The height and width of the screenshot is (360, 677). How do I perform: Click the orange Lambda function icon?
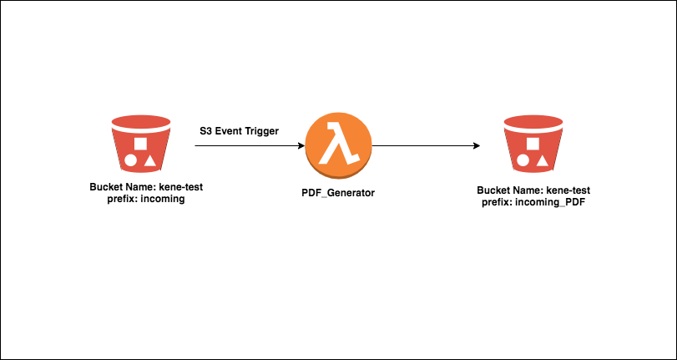tap(337, 147)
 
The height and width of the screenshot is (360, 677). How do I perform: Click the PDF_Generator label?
tap(338, 193)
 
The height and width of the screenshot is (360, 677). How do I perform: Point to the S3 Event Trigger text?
tap(239, 131)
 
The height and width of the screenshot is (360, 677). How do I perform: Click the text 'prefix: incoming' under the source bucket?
tap(141, 200)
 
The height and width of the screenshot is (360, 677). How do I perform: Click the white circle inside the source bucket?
tap(131, 159)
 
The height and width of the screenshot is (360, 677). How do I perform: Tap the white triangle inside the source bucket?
tap(149, 159)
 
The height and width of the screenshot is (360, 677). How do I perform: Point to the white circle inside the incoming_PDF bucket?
tap(523, 159)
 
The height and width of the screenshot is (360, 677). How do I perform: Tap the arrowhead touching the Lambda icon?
tap(300, 146)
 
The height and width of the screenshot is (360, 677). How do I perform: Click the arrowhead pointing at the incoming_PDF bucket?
tap(476, 146)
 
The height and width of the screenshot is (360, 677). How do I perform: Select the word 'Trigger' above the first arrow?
tap(261, 131)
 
